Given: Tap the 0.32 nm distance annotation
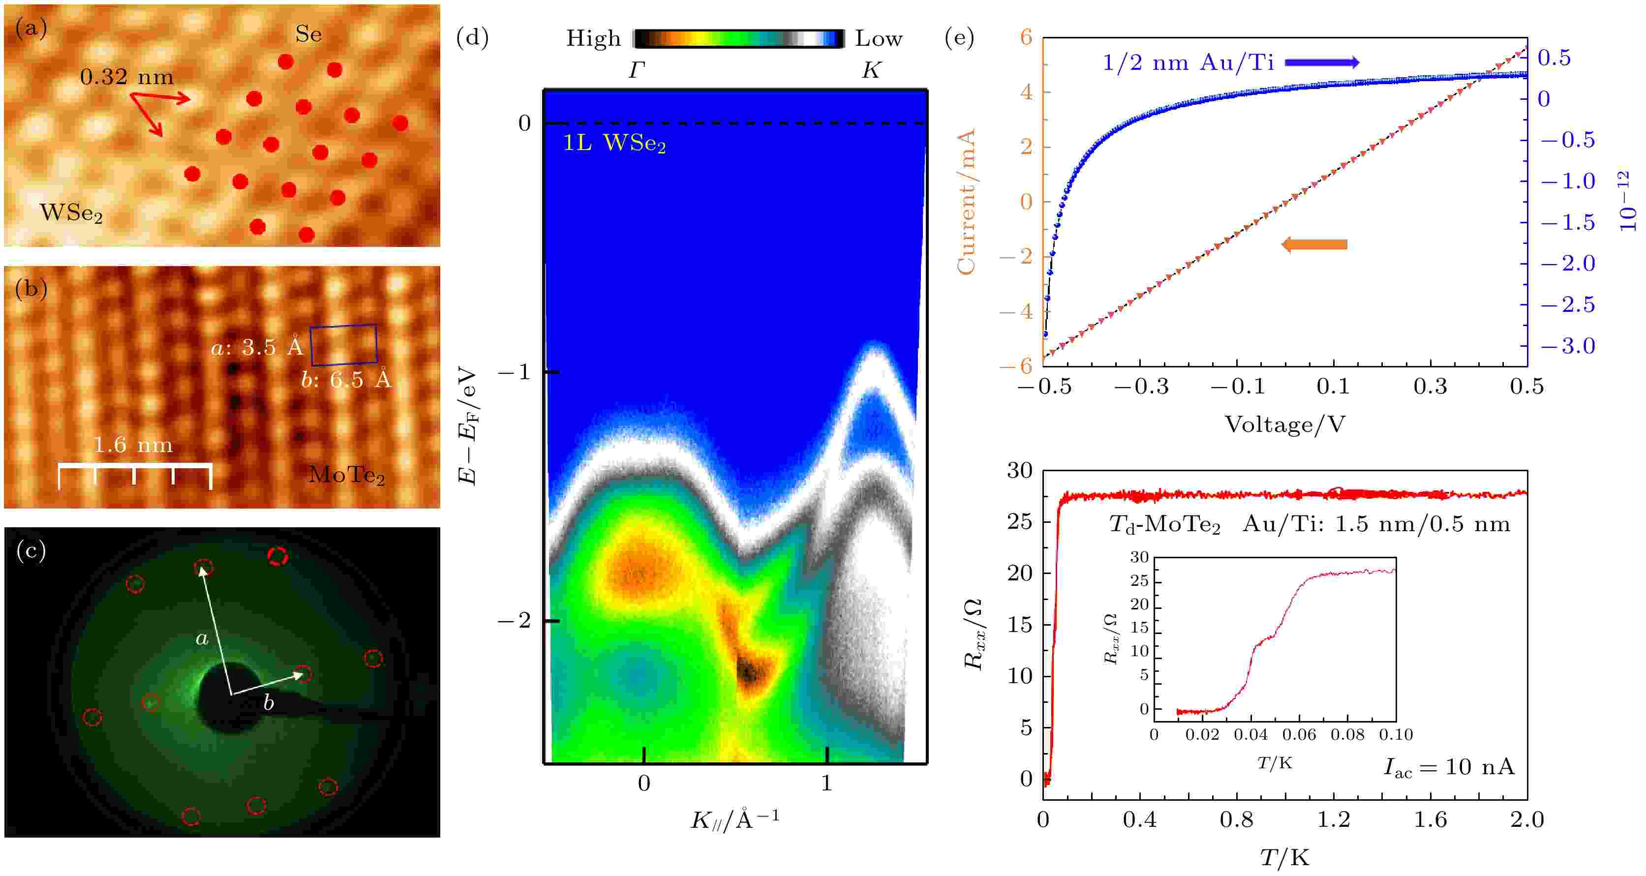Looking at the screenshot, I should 126,77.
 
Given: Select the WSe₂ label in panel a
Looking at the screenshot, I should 70,212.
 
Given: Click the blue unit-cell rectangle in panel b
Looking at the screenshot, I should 344,345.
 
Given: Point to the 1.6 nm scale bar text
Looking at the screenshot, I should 132,445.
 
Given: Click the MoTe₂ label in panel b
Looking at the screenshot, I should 346,475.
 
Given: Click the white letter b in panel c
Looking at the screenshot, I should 269,703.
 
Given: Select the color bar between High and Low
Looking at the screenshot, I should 738,38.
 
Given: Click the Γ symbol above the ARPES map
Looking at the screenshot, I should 636,70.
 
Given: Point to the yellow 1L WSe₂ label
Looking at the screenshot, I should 613,143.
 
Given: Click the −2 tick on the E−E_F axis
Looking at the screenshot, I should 515,620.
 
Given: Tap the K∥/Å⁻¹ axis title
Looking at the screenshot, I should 735,819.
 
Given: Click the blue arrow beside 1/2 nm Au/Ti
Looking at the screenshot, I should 1321,62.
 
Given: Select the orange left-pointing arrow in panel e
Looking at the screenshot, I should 1314,244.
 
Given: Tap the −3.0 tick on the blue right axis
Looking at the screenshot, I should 1567,346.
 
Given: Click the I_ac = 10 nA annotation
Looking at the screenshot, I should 1449,767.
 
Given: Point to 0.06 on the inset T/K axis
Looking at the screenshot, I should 1298,735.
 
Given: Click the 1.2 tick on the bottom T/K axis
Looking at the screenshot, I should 1333,819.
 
